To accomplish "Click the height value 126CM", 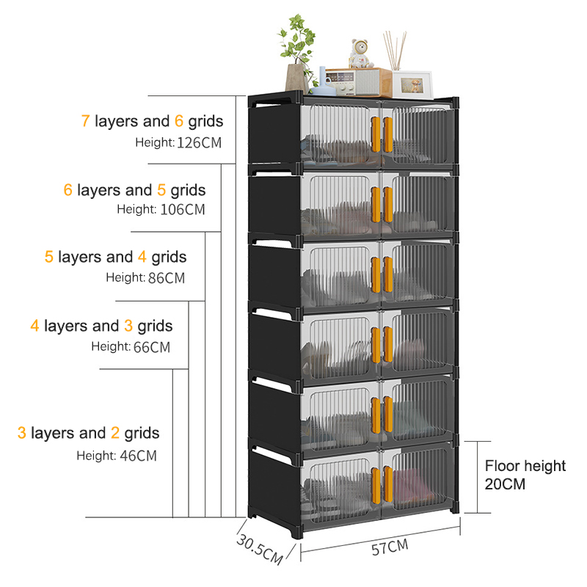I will tap(199, 142).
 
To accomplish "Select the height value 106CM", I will tap(182, 210).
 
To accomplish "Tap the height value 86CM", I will tap(165, 278).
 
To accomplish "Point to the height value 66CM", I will tap(151, 347).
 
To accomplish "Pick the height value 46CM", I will tap(138, 456).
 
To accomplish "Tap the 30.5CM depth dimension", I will tap(259, 549).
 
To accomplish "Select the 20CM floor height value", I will tap(506, 484).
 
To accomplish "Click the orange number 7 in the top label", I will tap(85, 121).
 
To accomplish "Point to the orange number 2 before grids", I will tap(115, 433).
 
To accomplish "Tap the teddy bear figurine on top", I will tap(360, 55).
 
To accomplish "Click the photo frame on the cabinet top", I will tap(411, 84).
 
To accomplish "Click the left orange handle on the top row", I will tap(375, 134).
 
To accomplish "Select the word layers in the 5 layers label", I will tap(81, 258).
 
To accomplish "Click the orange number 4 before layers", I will tap(34, 325).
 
